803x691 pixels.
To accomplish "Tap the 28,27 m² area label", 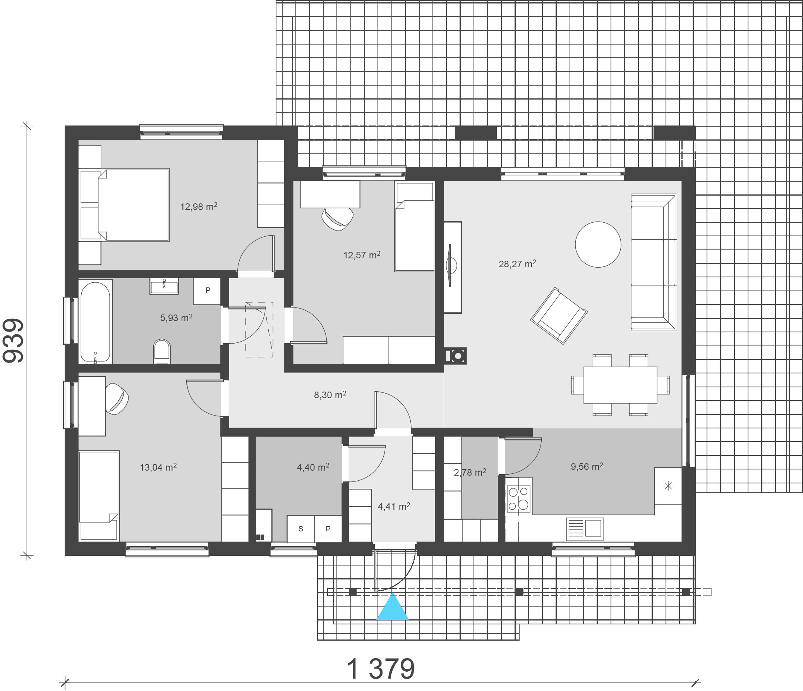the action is pyautogui.click(x=517, y=264).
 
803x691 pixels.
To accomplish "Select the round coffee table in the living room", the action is pyautogui.click(x=598, y=244).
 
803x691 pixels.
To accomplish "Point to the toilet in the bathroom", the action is pyautogui.click(x=162, y=352).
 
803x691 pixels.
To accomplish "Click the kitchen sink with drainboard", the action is pyautogui.click(x=585, y=529).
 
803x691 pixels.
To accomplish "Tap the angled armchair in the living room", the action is pyautogui.click(x=558, y=316).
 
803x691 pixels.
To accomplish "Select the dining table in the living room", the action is pyautogui.click(x=620, y=385).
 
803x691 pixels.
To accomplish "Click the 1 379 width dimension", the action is pyautogui.click(x=381, y=669).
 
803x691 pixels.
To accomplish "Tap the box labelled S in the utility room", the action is pyautogui.click(x=301, y=529).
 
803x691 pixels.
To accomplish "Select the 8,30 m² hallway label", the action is pyautogui.click(x=330, y=395).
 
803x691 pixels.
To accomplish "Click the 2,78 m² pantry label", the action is pyautogui.click(x=470, y=472).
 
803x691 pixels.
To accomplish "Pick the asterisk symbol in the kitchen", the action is pyautogui.click(x=668, y=485).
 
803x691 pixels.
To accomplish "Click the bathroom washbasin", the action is pyautogui.click(x=164, y=286).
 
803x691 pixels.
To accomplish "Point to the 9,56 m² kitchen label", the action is pyautogui.click(x=587, y=466).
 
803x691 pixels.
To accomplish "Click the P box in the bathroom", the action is pyautogui.click(x=208, y=291).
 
